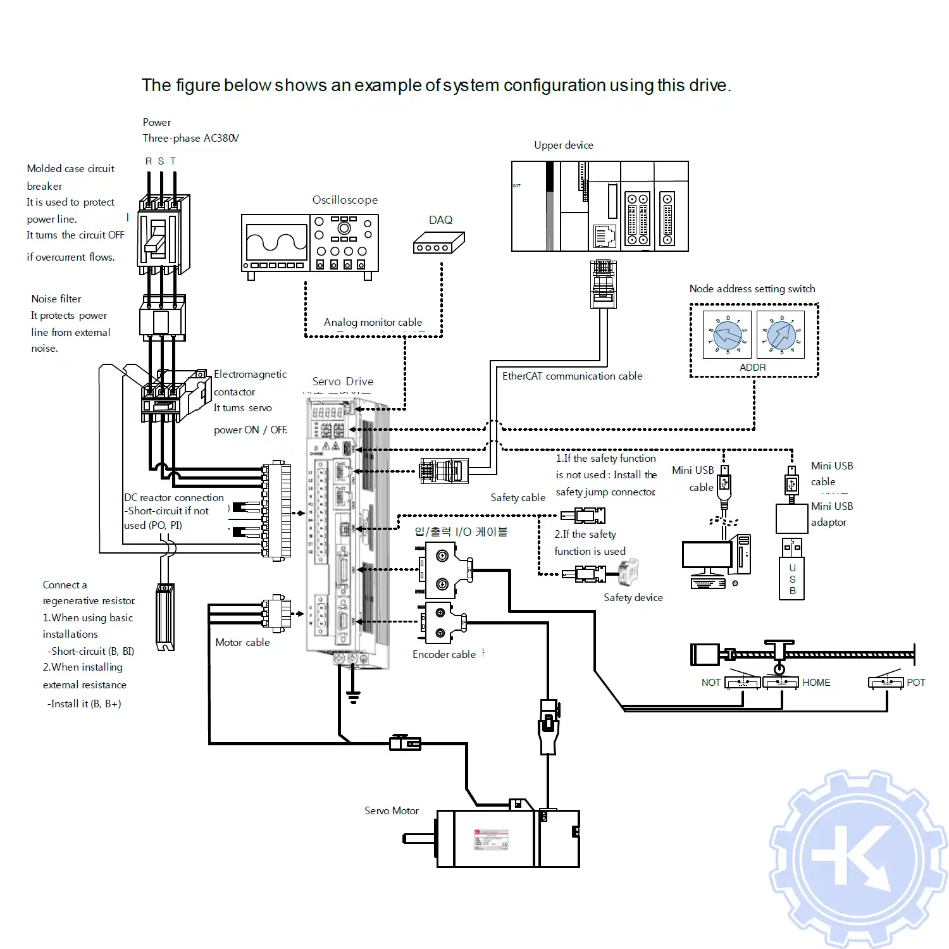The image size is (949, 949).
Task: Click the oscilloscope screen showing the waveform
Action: pyautogui.click(x=276, y=241)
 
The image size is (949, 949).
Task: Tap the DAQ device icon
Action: pyautogui.click(x=438, y=244)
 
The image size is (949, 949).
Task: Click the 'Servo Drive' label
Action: pyautogui.click(x=343, y=381)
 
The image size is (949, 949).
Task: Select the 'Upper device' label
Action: pyautogui.click(x=563, y=145)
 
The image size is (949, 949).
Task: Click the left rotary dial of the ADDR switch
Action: pyautogui.click(x=728, y=335)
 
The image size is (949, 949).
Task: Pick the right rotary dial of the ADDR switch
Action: pyautogui.click(x=781, y=335)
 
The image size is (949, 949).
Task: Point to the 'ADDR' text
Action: pyautogui.click(x=753, y=368)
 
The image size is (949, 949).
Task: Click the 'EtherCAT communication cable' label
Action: pyautogui.click(x=572, y=376)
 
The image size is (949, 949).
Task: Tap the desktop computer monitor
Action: pyautogui.click(x=706, y=556)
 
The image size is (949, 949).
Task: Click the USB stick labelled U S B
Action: pyautogui.click(x=792, y=578)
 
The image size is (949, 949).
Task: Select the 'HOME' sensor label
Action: pyautogui.click(x=816, y=683)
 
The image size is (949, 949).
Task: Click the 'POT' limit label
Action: pyautogui.click(x=915, y=683)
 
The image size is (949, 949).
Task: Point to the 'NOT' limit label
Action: pyautogui.click(x=710, y=683)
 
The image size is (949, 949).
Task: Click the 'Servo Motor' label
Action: pyautogui.click(x=392, y=810)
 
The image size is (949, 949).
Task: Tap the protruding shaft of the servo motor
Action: pyautogui.click(x=419, y=839)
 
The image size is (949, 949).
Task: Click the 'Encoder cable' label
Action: pyautogui.click(x=443, y=654)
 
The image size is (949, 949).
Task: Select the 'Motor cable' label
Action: pyautogui.click(x=242, y=642)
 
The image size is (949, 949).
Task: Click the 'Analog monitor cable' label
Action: pyautogui.click(x=373, y=322)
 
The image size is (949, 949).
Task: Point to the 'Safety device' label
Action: pyautogui.click(x=633, y=597)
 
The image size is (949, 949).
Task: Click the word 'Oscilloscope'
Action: pyautogui.click(x=345, y=200)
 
